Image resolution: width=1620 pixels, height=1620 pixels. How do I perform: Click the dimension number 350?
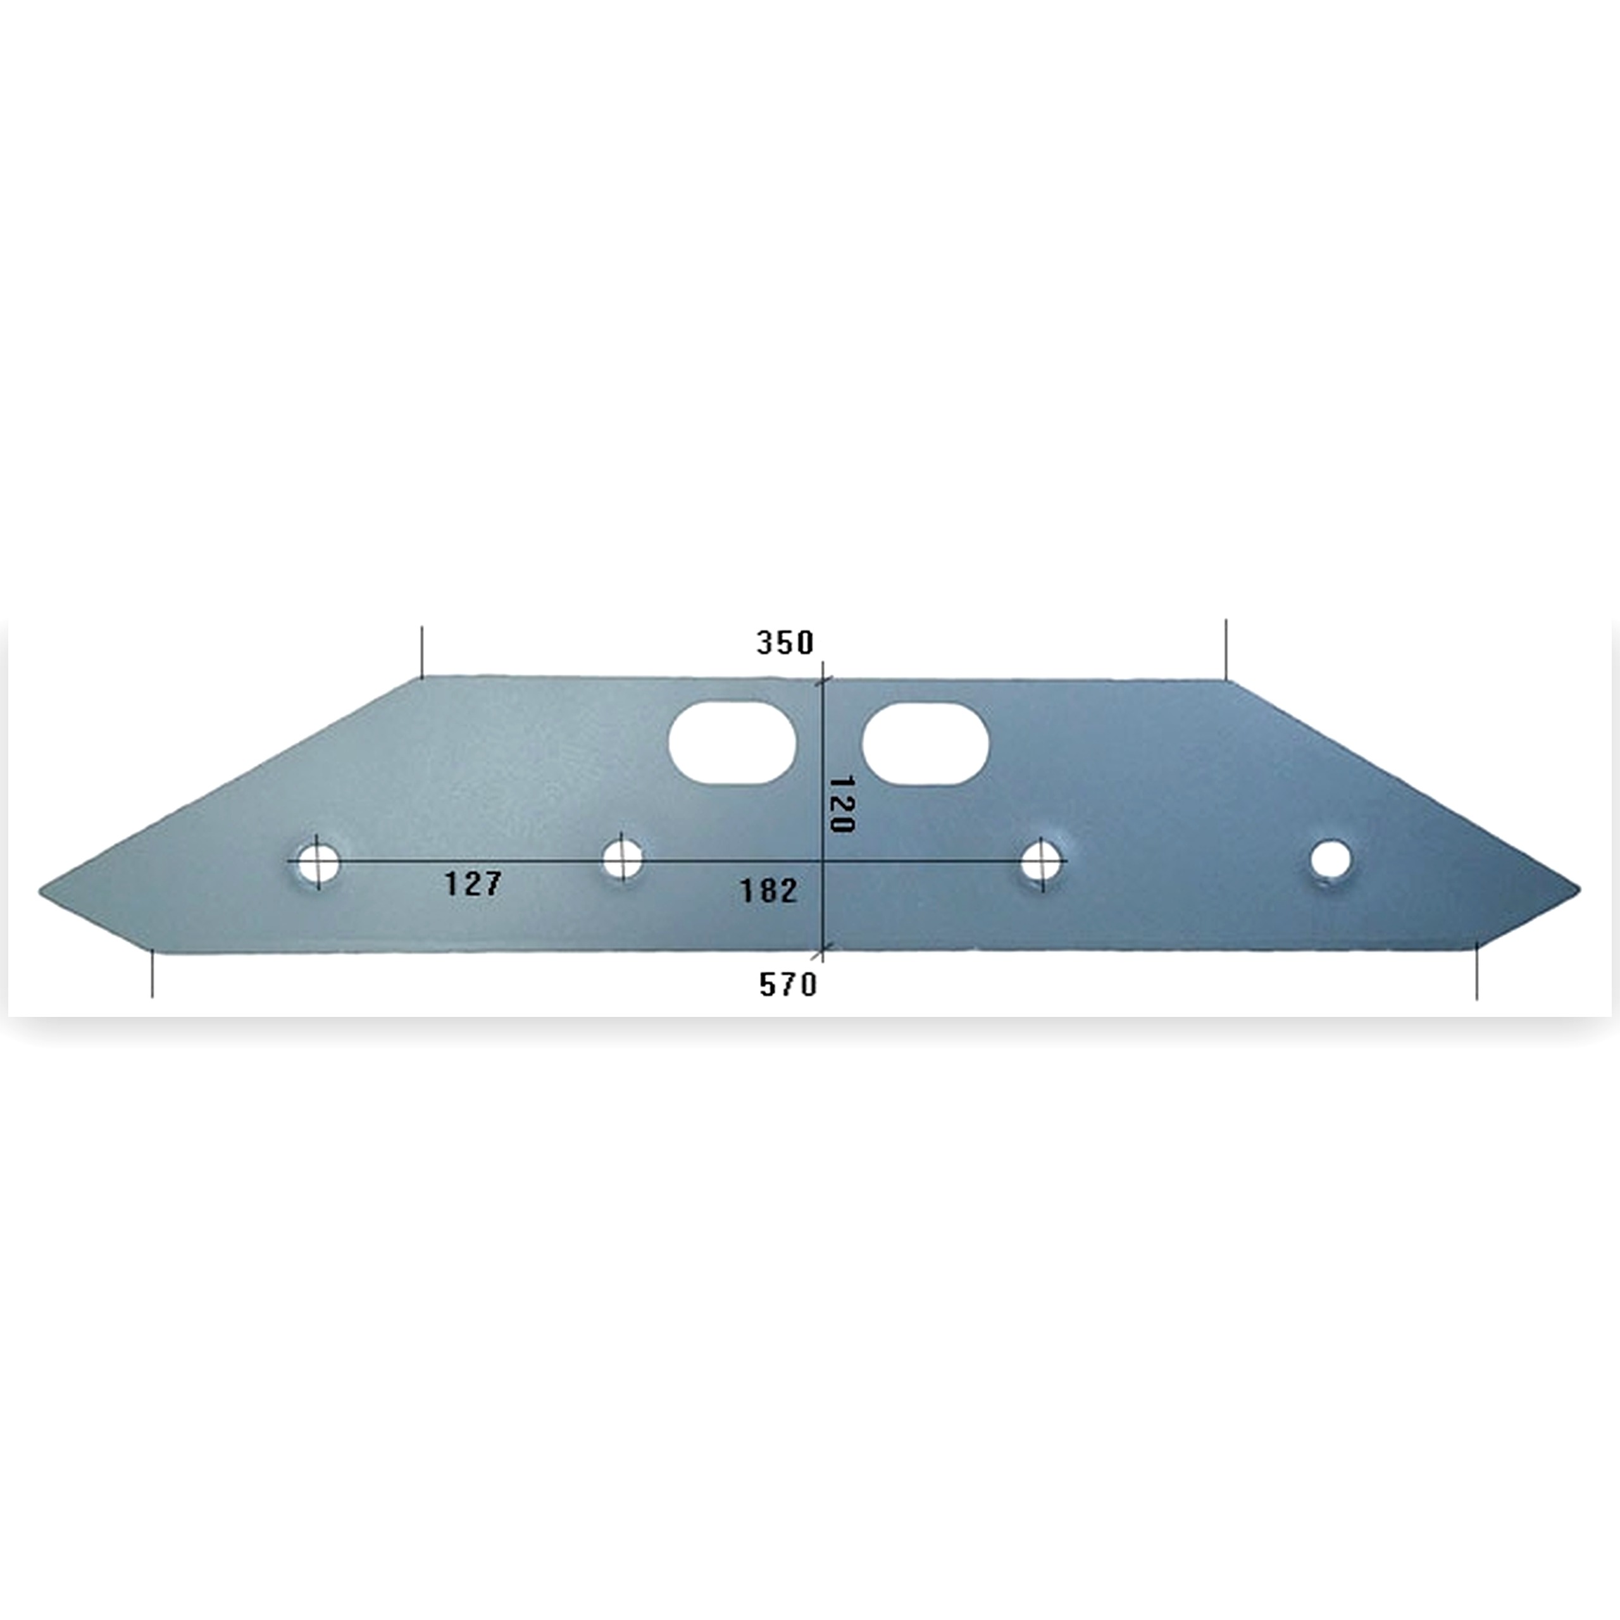(x=785, y=643)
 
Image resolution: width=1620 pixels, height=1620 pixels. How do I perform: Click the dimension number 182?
(x=768, y=890)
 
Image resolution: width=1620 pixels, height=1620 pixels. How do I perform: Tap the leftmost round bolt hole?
(x=317, y=861)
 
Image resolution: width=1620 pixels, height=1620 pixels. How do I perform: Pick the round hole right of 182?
(x=1042, y=861)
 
